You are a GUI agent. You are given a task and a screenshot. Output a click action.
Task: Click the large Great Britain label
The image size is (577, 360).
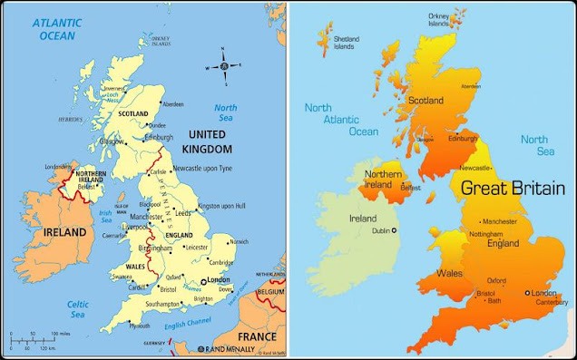click(x=512, y=189)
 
